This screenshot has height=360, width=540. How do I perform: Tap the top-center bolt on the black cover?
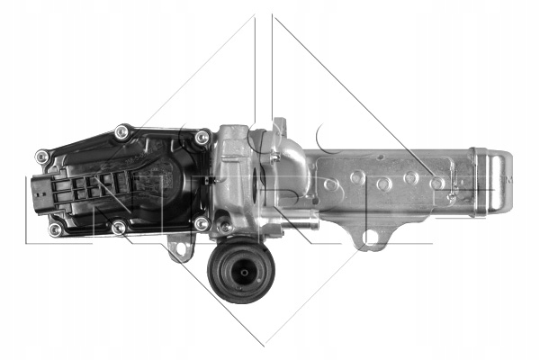pyautogui.click(x=122, y=133)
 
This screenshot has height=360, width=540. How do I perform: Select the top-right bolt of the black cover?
pyautogui.click(x=202, y=138)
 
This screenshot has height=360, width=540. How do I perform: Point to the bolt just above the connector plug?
pyautogui.click(x=41, y=157)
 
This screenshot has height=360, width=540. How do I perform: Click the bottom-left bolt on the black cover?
pyautogui.click(x=55, y=229)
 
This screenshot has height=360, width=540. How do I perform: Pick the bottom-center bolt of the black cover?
pyautogui.click(x=119, y=229)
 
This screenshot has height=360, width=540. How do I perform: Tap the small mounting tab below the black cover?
pyautogui.click(x=183, y=246)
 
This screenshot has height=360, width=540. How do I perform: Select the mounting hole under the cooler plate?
pyautogui.click(x=371, y=238)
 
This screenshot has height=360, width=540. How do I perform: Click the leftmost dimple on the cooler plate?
pyautogui.click(x=331, y=184)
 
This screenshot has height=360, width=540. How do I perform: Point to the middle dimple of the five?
pyautogui.click(x=384, y=184)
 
